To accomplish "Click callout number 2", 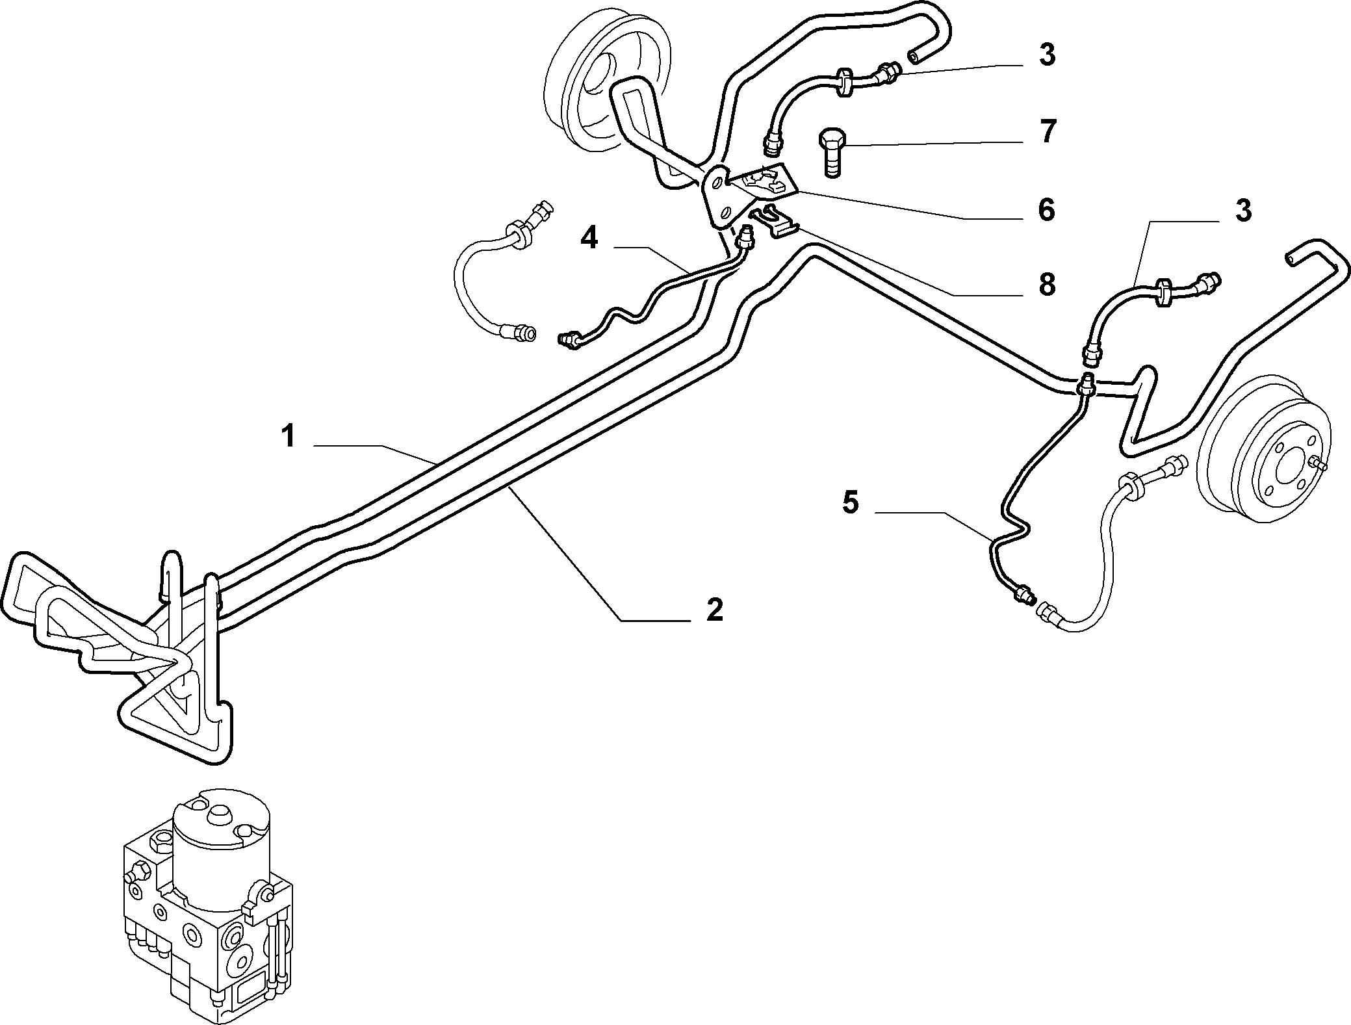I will click(x=714, y=610).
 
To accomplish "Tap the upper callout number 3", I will click(x=1046, y=56).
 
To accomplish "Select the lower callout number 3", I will click(x=1242, y=211).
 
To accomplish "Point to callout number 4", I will click(x=589, y=239).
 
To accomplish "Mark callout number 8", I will click(x=1046, y=285).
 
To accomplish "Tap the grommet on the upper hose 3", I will click(x=843, y=81).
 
